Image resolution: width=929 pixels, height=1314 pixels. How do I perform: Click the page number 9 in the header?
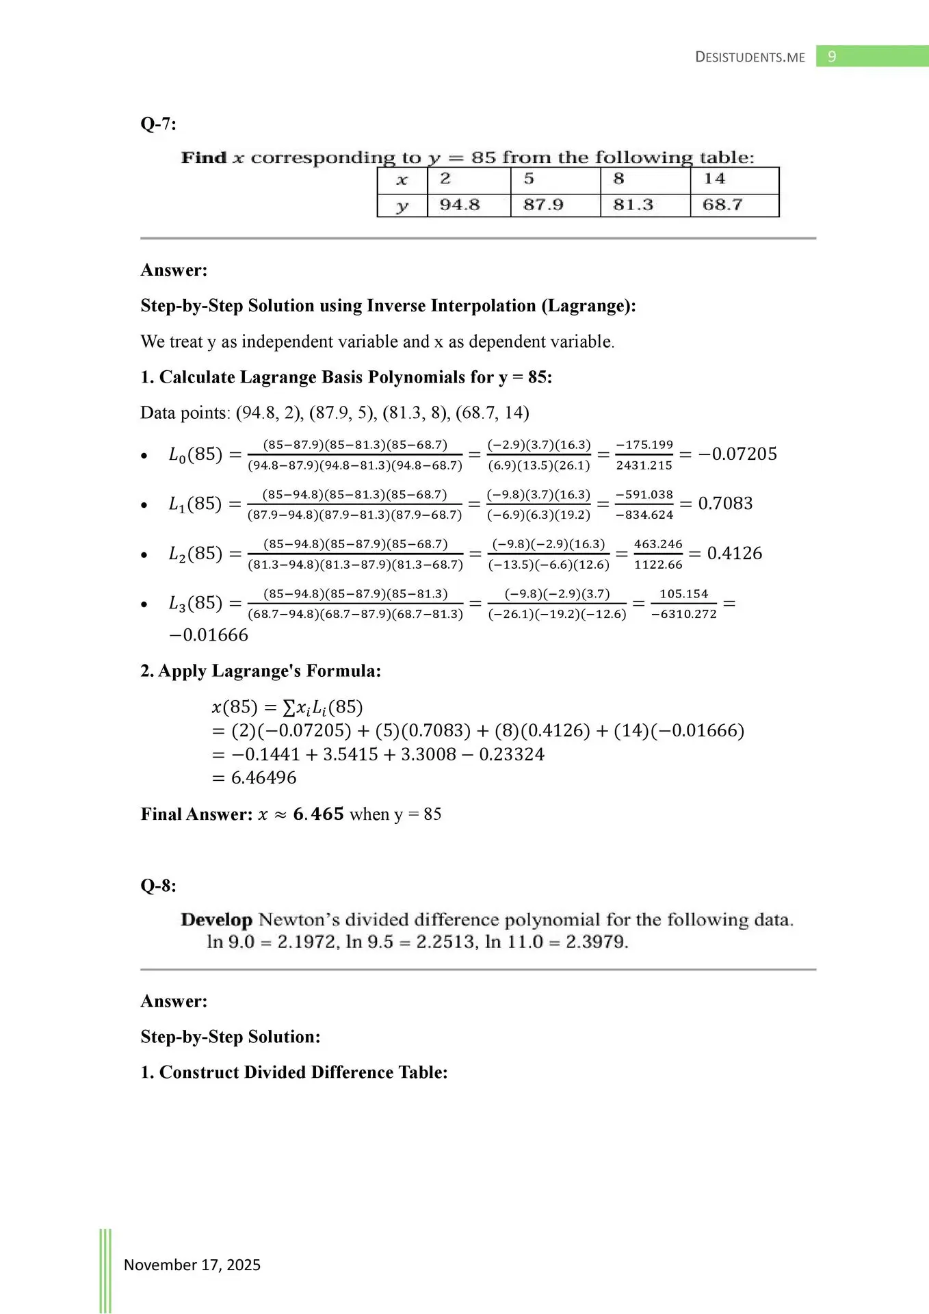point(832,57)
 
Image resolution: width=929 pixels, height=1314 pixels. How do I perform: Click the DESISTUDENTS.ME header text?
point(750,57)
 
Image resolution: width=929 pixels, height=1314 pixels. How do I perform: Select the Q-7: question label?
point(158,124)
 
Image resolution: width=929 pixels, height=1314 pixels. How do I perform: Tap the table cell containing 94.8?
point(460,205)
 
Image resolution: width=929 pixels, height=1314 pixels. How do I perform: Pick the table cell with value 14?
point(714,179)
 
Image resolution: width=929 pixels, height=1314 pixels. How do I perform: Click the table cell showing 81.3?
point(633,205)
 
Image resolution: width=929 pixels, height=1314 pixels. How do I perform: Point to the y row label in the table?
point(402,205)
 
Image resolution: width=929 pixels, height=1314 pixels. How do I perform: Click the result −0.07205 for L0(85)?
point(737,454)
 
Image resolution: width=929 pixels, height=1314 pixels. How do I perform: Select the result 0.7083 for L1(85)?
point(725,504)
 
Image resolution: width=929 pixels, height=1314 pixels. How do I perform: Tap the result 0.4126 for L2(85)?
point(734,554)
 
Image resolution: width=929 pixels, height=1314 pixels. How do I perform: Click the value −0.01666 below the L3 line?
point(209,635)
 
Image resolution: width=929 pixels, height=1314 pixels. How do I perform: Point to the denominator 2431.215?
point(644,465)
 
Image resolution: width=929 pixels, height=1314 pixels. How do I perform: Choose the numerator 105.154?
point(683,594)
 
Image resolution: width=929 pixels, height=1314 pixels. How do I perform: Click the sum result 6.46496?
point(263,778)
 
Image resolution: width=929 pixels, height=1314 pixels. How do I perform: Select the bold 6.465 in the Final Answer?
point(318,814)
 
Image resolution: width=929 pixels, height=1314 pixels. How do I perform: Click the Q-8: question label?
point(158,886)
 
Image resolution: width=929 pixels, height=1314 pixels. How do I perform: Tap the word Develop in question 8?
point(216,920)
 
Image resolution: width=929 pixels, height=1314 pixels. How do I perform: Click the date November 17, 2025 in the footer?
point(192,1265)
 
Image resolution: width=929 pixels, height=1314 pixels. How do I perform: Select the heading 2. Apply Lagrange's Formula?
point(261,671)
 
